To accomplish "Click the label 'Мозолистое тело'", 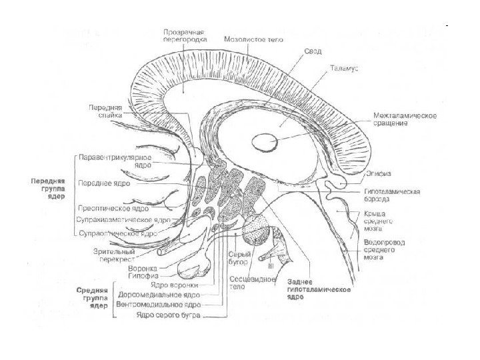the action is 254,39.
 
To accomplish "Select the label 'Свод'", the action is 313,51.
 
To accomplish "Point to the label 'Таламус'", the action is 343,68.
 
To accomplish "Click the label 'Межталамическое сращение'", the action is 405,120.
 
